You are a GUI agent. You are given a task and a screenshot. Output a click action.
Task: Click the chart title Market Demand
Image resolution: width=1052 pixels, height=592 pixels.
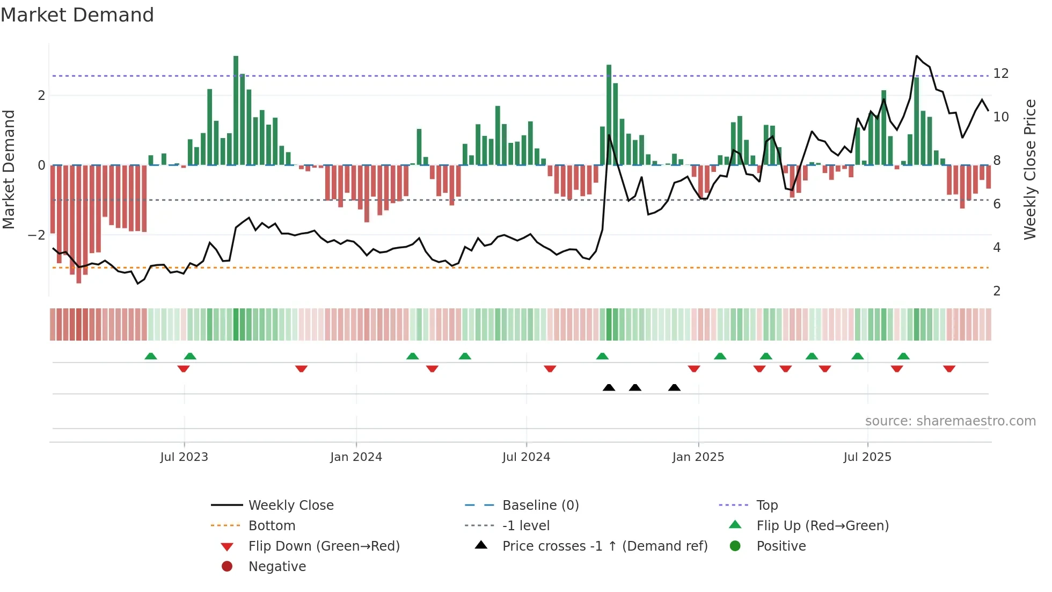(x=77, y=15)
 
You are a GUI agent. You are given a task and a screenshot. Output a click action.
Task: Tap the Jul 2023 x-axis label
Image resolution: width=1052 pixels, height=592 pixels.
(x=184, y=457)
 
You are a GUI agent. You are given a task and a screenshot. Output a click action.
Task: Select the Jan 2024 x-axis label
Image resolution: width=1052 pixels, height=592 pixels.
(x=356, y=457)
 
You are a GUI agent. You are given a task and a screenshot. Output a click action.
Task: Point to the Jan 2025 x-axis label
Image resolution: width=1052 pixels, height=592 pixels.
(x=698, y=457)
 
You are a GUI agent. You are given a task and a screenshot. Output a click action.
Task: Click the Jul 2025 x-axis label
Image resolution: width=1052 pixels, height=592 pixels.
(x=867, y=457)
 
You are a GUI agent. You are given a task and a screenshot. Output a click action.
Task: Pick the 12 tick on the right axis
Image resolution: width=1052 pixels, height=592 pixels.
(x=1000, y=74)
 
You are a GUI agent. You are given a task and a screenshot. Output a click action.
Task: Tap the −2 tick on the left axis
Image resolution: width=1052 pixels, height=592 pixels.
(x=36, y=235)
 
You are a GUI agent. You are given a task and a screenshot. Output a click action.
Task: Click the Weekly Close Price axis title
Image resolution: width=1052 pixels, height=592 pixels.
(x=1029, y=169)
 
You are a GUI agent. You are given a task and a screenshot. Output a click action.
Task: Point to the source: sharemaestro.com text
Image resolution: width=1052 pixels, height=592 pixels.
(x=950, y=421)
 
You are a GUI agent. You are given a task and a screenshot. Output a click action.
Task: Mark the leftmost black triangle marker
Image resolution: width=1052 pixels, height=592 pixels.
(x=609, y=387)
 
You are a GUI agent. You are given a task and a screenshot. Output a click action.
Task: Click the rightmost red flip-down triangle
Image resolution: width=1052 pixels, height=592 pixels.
(x=949, y=369)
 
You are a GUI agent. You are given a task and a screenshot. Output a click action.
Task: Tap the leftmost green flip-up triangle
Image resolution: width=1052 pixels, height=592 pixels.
(x=151, y=356)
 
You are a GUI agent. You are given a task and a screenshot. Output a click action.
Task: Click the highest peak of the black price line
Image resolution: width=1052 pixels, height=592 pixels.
(x=917, y=56)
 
